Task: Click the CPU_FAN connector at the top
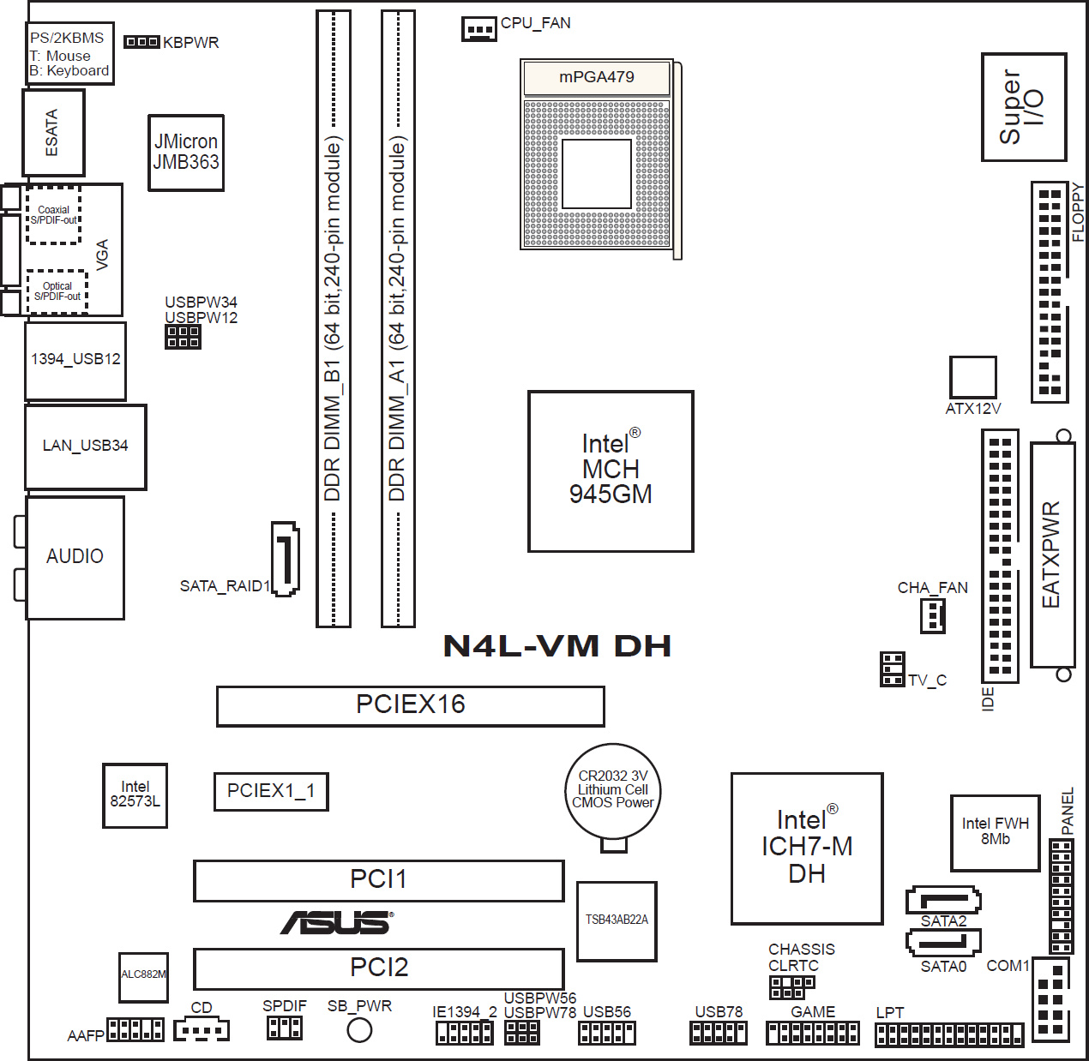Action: coord(479,28)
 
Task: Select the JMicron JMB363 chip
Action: coord(186,153)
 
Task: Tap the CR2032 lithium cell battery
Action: coord(613,791)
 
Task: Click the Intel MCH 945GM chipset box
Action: coord(611,471)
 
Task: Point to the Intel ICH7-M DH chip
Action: coord(807,848)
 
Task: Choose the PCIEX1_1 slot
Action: coord(271,791)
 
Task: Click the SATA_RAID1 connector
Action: coord(286,559)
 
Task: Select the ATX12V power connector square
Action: coord(972,377)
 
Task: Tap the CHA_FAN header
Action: coord(933,615)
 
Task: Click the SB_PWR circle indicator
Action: coord(359,1029)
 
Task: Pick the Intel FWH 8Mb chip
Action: coord(995,833)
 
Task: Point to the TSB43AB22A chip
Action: coord(617,921)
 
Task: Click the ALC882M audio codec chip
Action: coord(143,977)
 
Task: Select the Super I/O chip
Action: coord(1024,107)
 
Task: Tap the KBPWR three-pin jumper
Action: coord(141,42)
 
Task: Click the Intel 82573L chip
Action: coord(135,794)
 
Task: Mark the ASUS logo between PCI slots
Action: coord(337,923)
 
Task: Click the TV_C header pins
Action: coord(892,669)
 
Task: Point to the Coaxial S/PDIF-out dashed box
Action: coord(54,215)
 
